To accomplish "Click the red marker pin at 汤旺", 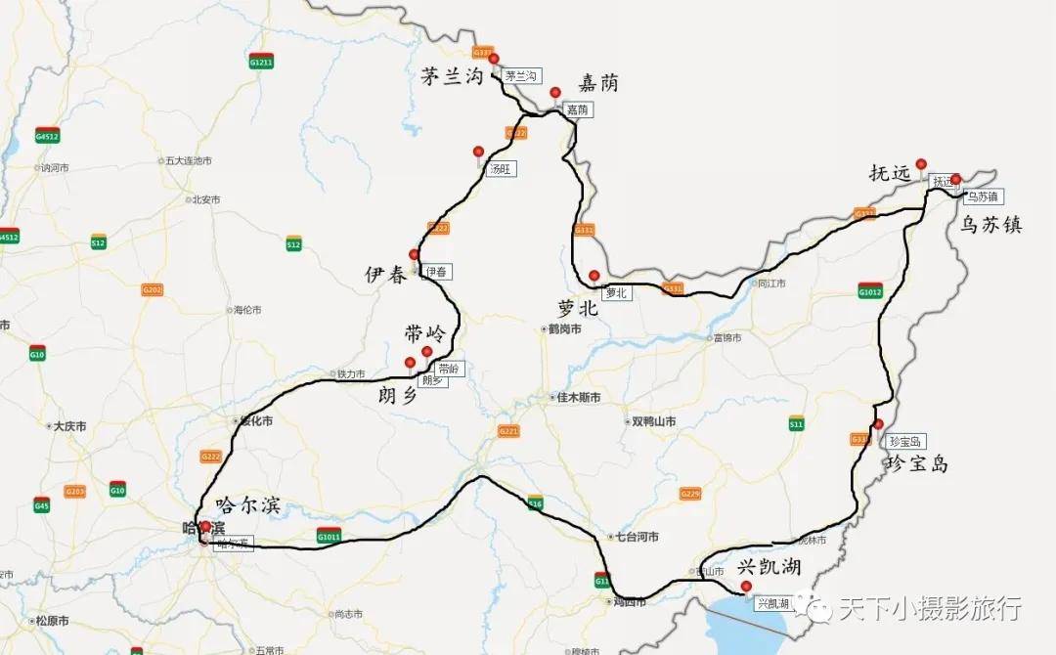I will click(x=478, y=152).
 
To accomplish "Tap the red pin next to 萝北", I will click(x=594, y=275).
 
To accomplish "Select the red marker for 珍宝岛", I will click(x=878, y=424).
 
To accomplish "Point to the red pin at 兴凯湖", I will click(x=746, y=587).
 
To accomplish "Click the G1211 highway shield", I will click(x=261, y=61).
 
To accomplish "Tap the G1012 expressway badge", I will click(x=869, y=291).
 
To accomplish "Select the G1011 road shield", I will click(x=329, y=536).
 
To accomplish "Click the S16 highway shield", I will click(x=535, y=503).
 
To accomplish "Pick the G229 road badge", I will click(x=690, y=494).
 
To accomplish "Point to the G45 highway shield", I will click(x=41, y=504).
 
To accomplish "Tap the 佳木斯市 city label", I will click(x=578, y=397).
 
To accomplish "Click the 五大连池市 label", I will click(x=189, y=160).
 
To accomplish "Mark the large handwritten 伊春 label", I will click(x=385, y=275).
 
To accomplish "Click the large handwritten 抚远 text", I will click(x=889, y=173).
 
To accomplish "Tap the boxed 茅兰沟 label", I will click(x=521, y=75).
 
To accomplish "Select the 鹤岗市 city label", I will click(x=564, y=329).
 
